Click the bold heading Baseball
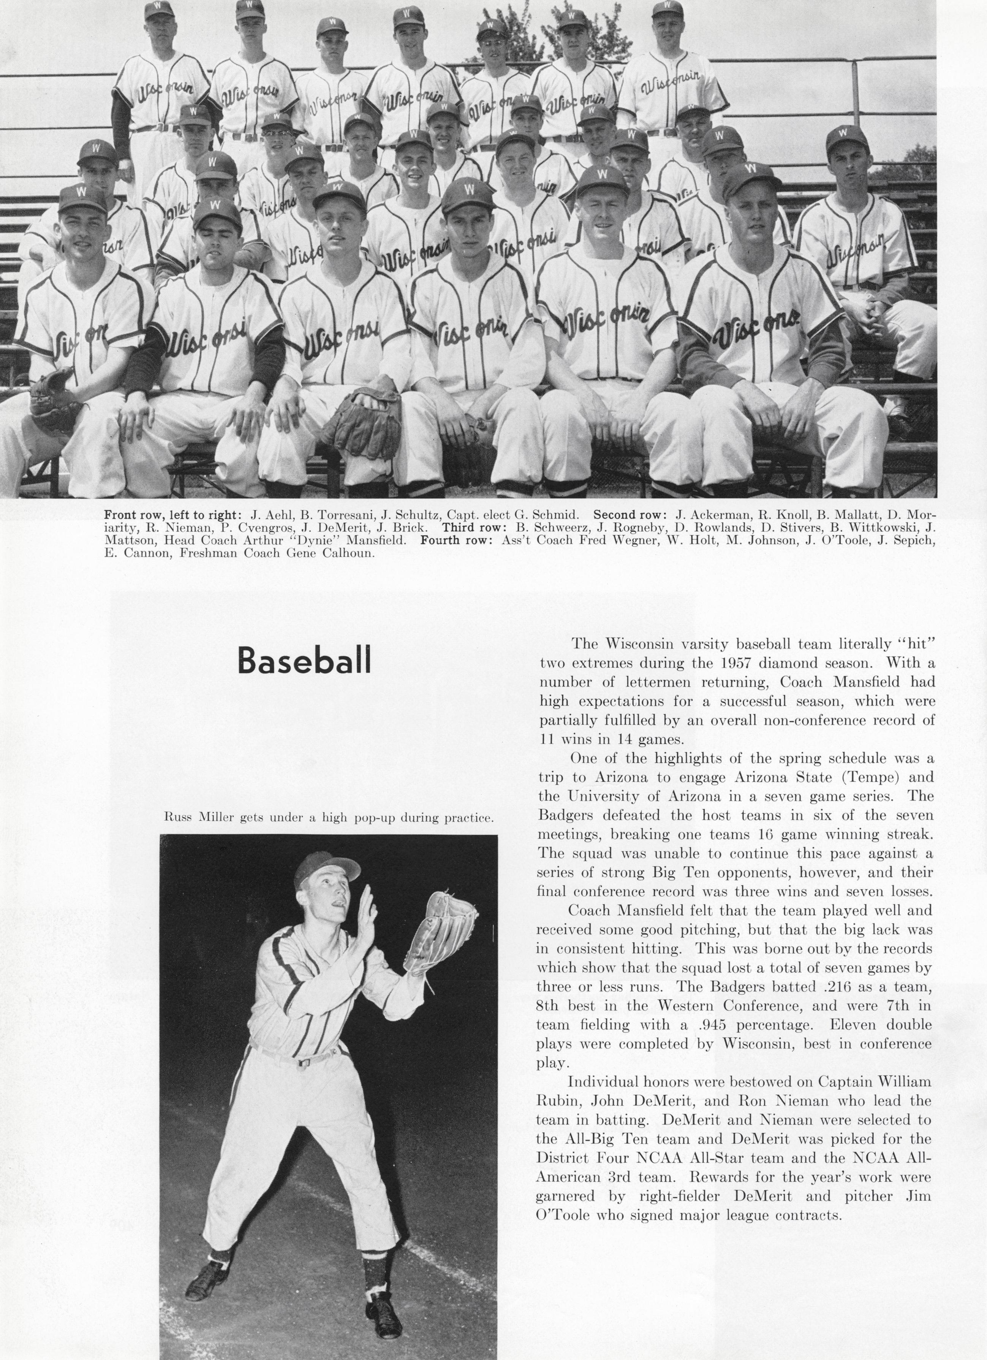pos(304,660)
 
